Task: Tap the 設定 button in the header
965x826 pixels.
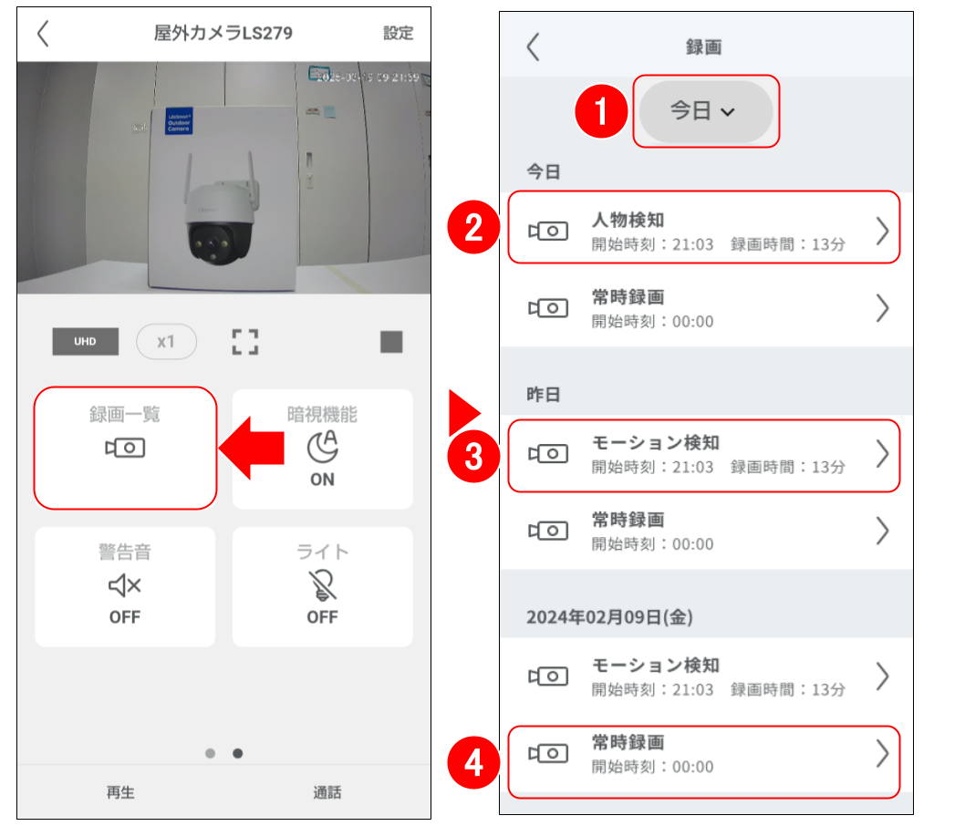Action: [x=398, y=34]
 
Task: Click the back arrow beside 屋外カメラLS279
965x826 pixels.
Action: [x=43, y=34]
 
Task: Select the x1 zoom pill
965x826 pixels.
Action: [x=165, y=342]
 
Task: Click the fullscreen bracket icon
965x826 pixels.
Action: [x=244, y=343]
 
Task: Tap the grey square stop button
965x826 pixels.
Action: [x=391, y=342]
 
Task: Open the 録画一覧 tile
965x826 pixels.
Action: [x=125, y=447]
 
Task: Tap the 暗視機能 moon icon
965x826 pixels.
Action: [x=321, y=446]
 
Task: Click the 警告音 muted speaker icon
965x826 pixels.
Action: [x=124, y=585]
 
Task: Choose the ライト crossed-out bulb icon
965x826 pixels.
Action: [x=322, y=585]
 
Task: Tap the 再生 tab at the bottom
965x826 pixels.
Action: [x=120, y=792]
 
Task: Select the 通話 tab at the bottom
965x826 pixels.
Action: [x=327, y=792]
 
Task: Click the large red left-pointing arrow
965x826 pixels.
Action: [x=251, y=448]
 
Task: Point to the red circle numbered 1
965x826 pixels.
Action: [x=601, y=111]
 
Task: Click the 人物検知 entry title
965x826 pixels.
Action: [x=628, y=220]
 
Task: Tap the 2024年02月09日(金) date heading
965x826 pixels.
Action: [x=609, y=617]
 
